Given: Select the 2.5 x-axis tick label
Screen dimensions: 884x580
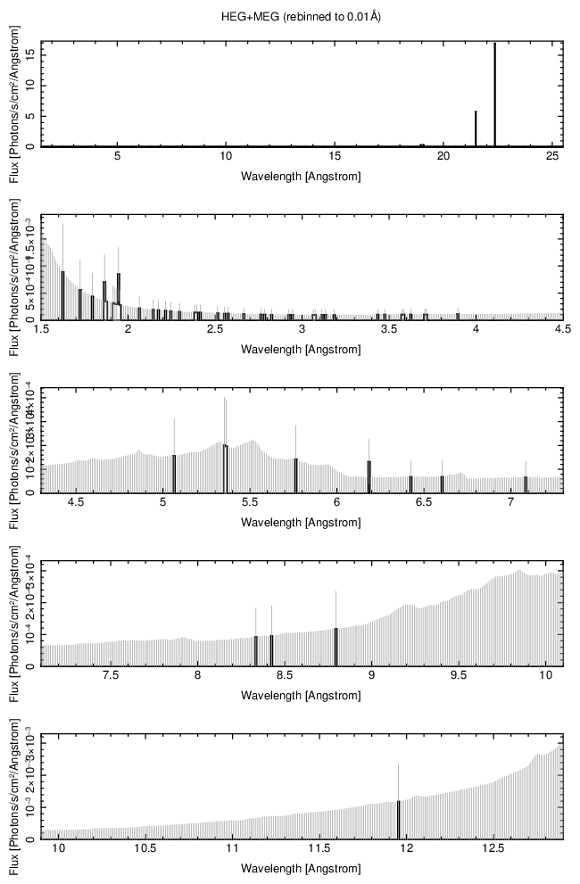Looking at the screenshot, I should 215,330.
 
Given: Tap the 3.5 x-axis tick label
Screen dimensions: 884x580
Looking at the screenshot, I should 389,330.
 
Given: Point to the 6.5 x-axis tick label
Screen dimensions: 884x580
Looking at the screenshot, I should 423,503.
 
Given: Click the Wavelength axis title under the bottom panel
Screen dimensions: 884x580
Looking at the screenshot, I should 301,868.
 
